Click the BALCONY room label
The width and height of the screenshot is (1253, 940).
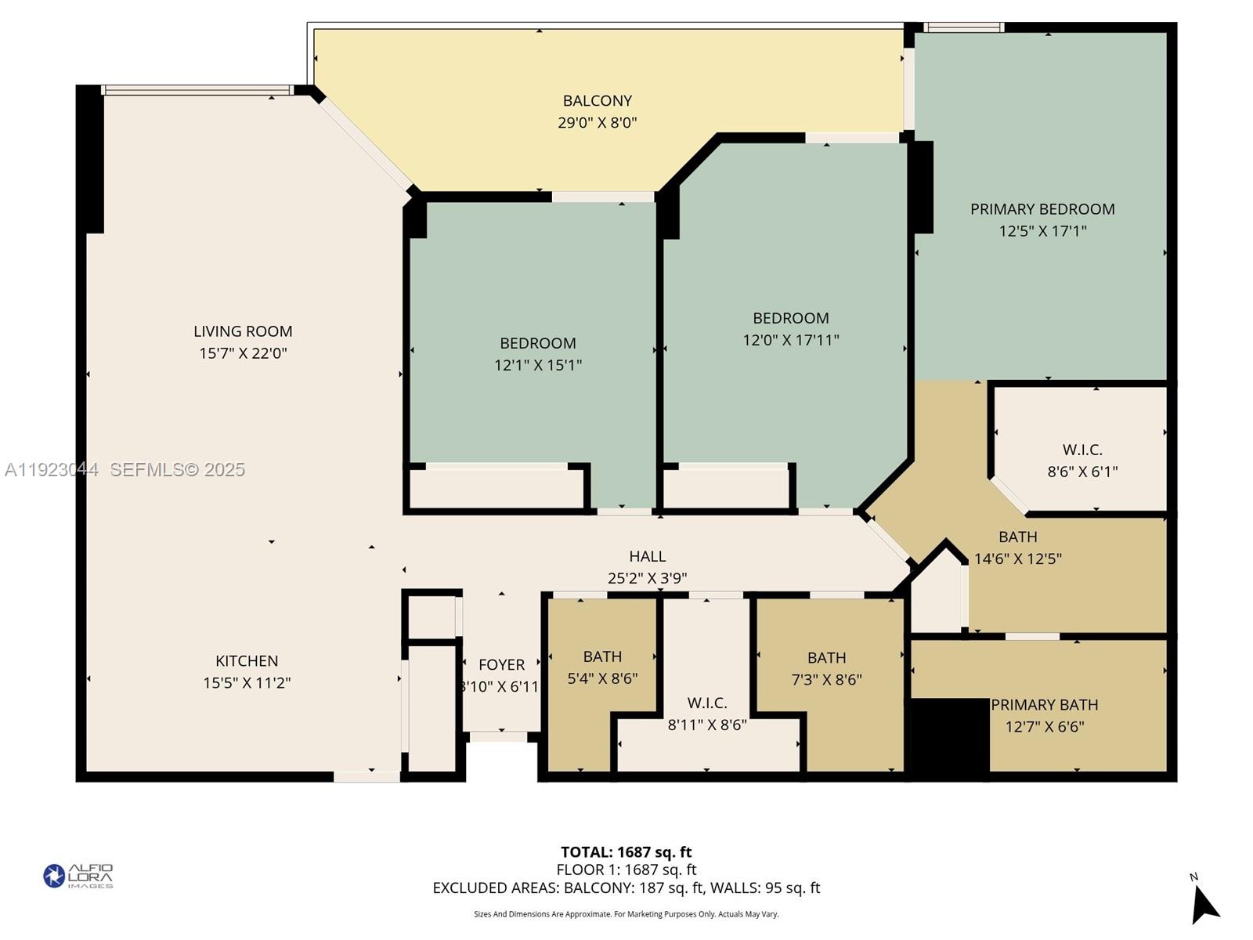pyautogui.click(x=597, y=100)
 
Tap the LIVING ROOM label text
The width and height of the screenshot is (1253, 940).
pyautogui.click(x=243, y=331)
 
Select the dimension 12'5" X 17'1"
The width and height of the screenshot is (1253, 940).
pyautogui.click(x=1042, y=231)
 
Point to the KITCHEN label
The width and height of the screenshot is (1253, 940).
pyautogui.click(x=247, y=661)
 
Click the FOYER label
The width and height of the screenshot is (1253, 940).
pyautogui.click(x=501, y=665)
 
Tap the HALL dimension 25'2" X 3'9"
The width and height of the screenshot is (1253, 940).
pyautogui.click(x=647, y=578)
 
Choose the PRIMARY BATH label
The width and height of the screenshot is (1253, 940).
pyautogui.click(x=1044, y=705)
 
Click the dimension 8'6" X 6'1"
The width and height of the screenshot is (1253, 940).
pyautogui.click(x=1082, y=472)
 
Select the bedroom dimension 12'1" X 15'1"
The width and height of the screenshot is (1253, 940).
pyautogui.click(x=537, y=365)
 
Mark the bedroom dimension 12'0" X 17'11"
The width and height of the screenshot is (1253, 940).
pyautogui.click(x=790, y=340)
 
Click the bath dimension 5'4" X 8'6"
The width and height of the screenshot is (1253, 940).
pyautogui.click(x=601, y=678)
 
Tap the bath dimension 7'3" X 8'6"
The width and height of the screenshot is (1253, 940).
pyautogui.click(x=826, y=680)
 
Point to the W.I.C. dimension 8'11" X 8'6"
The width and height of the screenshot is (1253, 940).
pyautogui.click(x=706, y=725)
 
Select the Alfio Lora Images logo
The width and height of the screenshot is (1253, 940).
pyautogui.click(x=78, y=876)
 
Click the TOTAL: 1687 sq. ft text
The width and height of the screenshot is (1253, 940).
pyautogui.click(x=626, y=852)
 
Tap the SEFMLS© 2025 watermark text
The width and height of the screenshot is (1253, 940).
pyautogui.click(x=177, y=469)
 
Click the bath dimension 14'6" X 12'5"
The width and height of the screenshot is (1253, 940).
pyautogui.click(x=1017, y=559)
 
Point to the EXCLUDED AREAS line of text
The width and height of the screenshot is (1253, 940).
pyautogui.click(x=626, y=888)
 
